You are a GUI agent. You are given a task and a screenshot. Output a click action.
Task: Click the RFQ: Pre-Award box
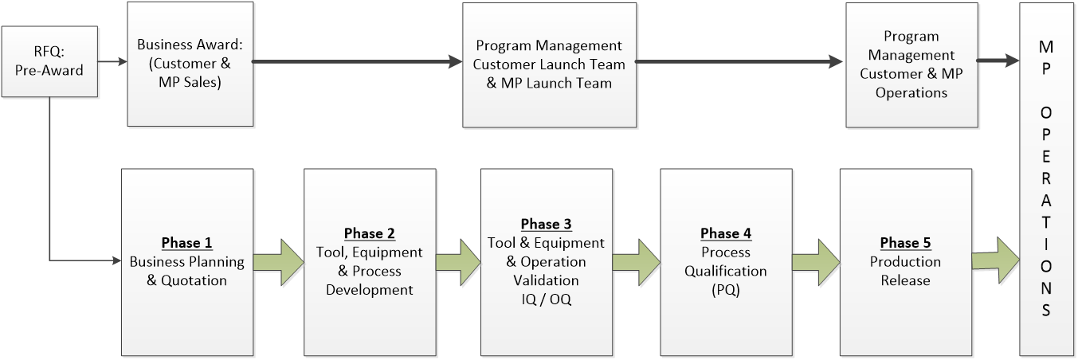click(49, 61)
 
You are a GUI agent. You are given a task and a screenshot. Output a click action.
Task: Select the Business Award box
click(190, 64)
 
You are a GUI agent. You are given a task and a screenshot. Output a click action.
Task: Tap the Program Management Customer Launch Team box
click(549, 65)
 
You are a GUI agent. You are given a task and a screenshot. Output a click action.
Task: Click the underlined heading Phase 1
click(186, 243)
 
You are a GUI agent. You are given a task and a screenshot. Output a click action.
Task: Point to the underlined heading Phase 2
click(370, 233)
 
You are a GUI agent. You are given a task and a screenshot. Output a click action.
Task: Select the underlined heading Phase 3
click(547, 225)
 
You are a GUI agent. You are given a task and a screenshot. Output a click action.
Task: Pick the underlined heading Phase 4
click(726, 233)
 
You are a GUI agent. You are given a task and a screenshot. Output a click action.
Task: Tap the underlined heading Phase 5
click(905, 243)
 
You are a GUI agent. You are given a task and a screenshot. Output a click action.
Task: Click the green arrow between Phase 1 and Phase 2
click(279, 262)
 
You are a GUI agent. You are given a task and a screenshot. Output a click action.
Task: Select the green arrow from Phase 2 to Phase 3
click(458, 262)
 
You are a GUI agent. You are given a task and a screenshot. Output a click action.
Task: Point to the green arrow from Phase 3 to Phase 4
click(637, 262)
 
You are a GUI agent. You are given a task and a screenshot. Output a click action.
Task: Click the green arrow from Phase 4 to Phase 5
click(816, 262)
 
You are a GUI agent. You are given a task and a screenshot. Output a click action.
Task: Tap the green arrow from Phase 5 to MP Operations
click(996, 260)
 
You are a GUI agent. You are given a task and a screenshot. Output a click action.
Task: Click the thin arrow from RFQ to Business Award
click(112, 61)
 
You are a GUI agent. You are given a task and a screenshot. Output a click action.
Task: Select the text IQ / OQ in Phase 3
click(547, 299)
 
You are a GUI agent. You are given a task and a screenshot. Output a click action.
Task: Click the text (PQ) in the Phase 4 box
click(726, 290)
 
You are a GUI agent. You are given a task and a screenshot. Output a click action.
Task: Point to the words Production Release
click(905, 271)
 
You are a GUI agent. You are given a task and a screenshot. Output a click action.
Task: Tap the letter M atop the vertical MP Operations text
click(1046, 47)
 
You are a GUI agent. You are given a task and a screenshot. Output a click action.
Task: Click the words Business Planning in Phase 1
click(186, 262)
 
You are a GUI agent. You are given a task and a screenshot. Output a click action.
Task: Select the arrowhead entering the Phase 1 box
click(116, 261)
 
